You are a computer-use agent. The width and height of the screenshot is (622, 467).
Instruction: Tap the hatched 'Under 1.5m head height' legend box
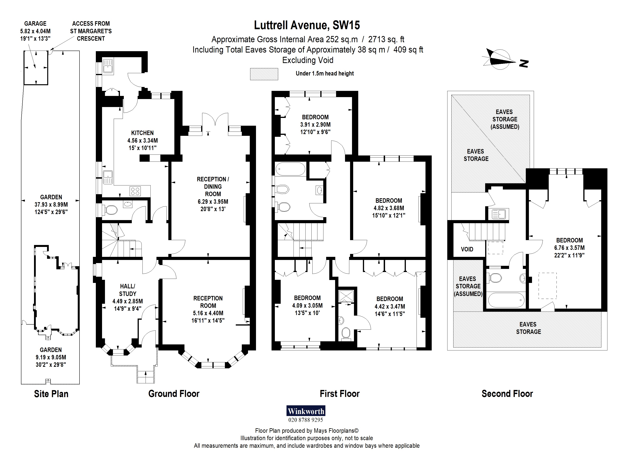[264, 74]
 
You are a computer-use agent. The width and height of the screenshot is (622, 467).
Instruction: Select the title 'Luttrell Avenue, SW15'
[307, 25]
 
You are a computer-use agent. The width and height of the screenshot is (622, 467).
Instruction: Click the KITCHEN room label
[142, 133]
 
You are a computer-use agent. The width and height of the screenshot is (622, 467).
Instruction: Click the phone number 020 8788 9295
[306, 420]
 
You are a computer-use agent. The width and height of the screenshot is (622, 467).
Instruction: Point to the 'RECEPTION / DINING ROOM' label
[213, 186]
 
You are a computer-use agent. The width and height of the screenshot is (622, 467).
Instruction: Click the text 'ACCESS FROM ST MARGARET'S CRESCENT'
[91, 31]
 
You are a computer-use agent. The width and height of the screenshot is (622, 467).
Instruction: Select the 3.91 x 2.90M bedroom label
[315, 124]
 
